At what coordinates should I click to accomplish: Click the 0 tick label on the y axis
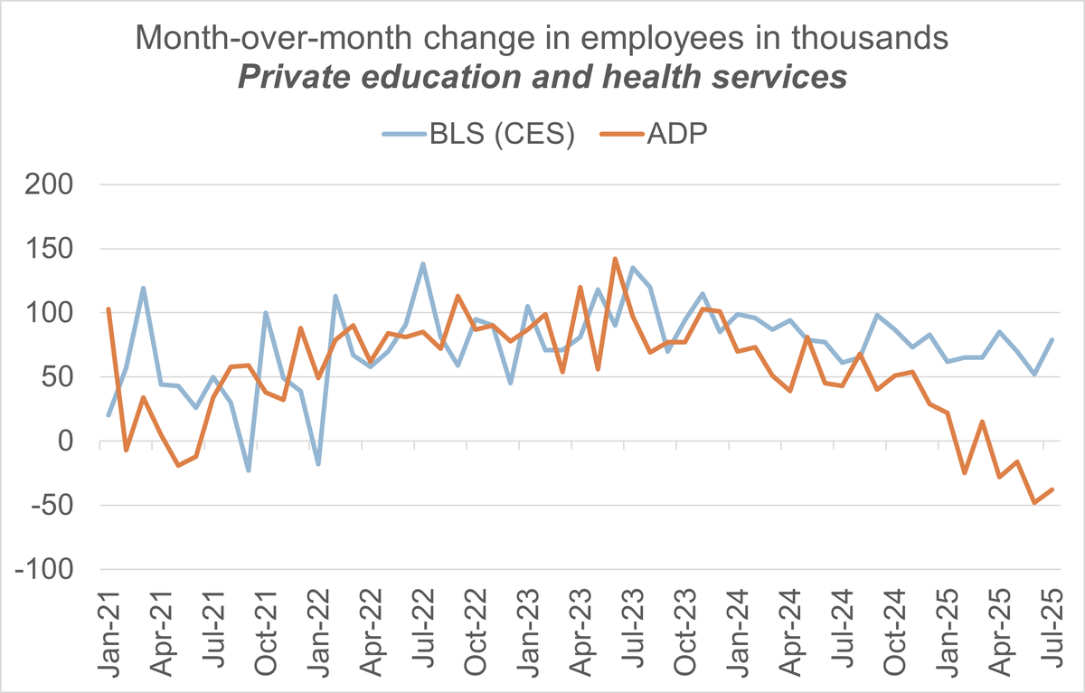[76, 441]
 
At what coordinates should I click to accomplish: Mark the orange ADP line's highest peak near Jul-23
[615, 259]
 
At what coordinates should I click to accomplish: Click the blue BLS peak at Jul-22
[422, 264]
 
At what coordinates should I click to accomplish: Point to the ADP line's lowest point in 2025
[1034, 503]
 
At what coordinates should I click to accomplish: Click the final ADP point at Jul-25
[1052, 490]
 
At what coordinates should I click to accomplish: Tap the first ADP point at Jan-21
[108, 309]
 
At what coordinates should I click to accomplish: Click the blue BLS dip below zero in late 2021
[248, 470]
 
